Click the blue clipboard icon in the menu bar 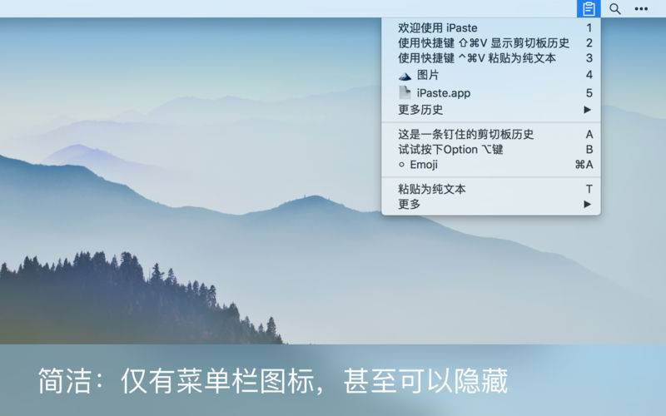[x=589, y=8]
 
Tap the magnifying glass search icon [x=615, y=8]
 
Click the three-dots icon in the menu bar [x=641, y=9]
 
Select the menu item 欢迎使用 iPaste [x=438, y=28]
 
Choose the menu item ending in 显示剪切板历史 [x=484, y=43]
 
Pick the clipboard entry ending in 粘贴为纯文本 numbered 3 [x=476, y=58]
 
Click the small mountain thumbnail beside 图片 [x=405, y=77]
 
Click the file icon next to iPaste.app [x=405, y=92]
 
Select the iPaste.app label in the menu [x=444, y=93]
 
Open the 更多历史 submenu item [x=420, y=110]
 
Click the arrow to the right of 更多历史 [x=588, y=110]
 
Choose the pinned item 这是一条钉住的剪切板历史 [x=465, y=135]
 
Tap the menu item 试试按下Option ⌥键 [x=450, y=150]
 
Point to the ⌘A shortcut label [x=584, y=165]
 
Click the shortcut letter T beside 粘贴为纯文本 [x=589, y=189]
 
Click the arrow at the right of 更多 [x=588, y=204]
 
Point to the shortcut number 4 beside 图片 [x=589, y=75]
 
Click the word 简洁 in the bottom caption [x=65, y=381]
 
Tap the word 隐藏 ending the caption [x=481, y=381]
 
